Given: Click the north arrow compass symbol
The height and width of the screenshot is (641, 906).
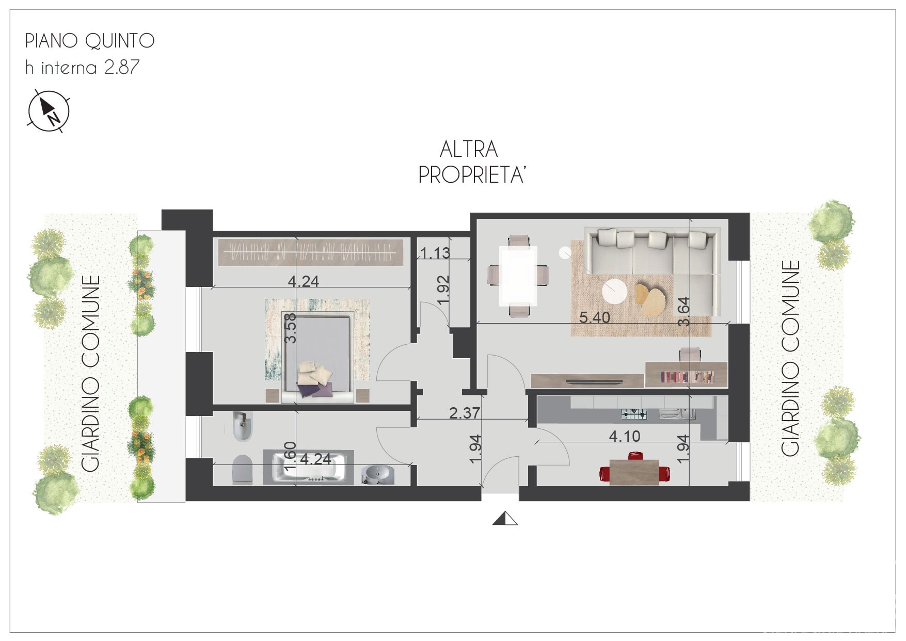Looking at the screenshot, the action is [48, 110].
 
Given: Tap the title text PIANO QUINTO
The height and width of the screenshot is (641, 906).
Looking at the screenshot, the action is [90, 41].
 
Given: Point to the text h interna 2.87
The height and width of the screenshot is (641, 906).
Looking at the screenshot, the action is [82, 67].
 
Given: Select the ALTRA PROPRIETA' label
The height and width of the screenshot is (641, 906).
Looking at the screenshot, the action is [471, 162].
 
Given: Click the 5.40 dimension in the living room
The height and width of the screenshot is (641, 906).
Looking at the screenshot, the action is [594, 317].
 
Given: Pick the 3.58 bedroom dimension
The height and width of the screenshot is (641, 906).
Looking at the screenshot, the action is [291, 328].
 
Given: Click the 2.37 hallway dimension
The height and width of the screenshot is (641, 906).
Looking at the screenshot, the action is [465, 413].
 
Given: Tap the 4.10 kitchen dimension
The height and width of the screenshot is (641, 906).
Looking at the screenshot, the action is [625, 437].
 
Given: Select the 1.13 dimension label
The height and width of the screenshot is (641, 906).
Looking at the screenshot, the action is [435, 253].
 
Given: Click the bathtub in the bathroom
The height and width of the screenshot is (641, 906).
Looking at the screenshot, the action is [309, 467].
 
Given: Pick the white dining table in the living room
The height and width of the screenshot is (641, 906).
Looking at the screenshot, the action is [518, 276].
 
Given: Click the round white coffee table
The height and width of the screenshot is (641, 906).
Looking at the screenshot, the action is [615, 291].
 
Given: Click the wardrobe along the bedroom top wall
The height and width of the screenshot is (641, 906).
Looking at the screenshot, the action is [311, 252].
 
